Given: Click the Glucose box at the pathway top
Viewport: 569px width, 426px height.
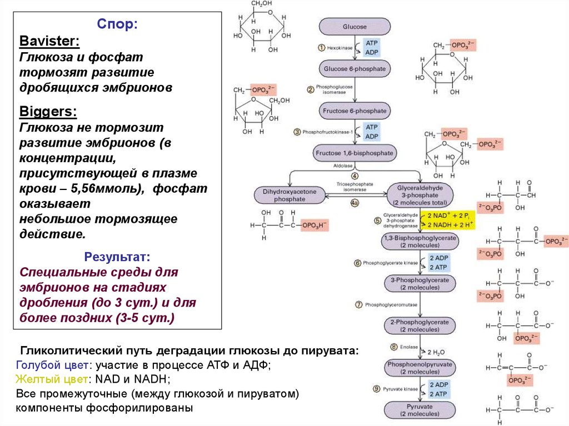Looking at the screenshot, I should coord(355,27).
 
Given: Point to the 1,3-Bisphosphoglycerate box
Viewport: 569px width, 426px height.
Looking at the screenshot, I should coord(420,241).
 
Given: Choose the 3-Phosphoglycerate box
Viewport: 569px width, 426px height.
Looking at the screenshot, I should coord(420,283).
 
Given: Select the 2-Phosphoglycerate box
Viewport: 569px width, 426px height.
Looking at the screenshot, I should coord(420,325).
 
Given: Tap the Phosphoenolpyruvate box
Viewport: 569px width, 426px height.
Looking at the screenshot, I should coord(420,368).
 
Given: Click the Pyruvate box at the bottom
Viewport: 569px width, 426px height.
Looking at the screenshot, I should coord(420,410).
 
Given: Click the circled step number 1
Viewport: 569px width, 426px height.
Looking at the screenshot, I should coord(321,48).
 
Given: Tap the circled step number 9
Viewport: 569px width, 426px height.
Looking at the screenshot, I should coord(376,389).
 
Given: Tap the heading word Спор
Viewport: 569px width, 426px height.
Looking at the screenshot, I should coord(118,24).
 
